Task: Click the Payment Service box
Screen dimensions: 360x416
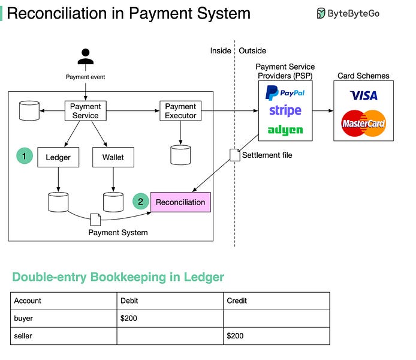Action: pos(85,111)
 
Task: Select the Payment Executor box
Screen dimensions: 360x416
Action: pos(180,111)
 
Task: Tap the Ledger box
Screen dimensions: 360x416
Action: pos(58,158)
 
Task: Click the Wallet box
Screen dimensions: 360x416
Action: pos(113,158)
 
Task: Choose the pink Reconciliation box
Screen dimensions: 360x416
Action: pos(180,202)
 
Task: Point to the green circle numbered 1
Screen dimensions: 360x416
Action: pos(24,157)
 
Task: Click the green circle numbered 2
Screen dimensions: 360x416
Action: pos(140,202)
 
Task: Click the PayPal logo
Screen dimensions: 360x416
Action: pos(285,93)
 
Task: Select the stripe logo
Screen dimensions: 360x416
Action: pos(285,110)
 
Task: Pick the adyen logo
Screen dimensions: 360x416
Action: pos(285,130)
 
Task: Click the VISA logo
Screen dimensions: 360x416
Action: pos(363,95)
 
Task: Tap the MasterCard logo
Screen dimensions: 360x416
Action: pos(363,123)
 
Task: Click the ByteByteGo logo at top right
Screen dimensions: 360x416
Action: pos(348,13)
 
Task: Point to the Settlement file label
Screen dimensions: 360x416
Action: pos(267,155)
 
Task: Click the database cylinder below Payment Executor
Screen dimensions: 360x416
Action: pos(180,154)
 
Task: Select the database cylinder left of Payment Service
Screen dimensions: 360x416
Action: pos(29,111)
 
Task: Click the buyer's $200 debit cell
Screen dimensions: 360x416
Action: pos(169,318)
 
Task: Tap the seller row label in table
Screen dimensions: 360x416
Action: pos(23,336)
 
